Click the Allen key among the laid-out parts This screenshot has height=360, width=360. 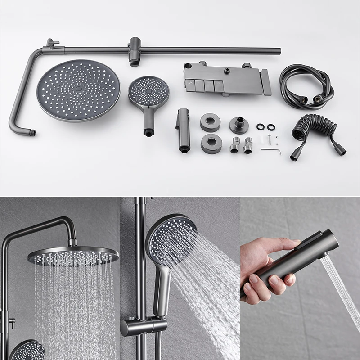pyautogui.click(x=271, y=150)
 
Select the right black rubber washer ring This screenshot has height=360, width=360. pyautogui.click(x=271, y=127)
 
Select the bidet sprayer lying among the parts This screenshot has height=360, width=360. pyautogui.click(x=184, y=129)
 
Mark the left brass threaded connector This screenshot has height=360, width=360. pyautogui.click(x=234, y=145)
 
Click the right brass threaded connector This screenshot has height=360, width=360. pyautogui.click(x=247, y=145)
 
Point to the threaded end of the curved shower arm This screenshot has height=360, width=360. pyautogui.click(x=31, y=133)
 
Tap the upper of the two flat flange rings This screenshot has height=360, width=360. pyautogui.click(x=210, y=122)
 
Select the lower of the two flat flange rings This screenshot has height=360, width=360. pyautogui.click(x=211, y=142)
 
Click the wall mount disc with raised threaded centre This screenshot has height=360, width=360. pyautogui.click(x=238, y=125)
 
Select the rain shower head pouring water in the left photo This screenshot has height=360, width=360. pyautogui.click(x=73, y=256)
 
